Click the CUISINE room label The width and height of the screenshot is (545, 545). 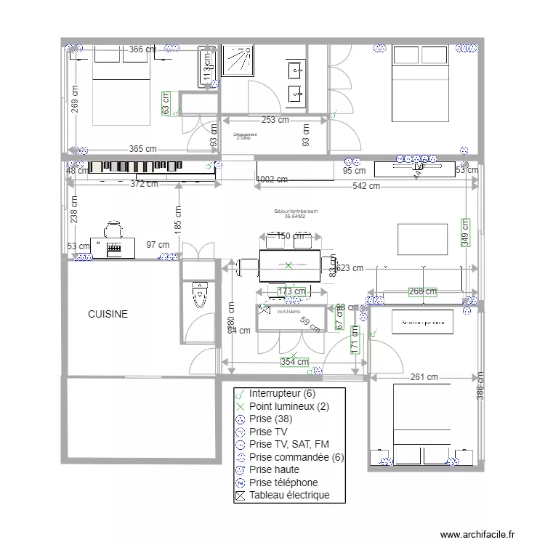[x=108, y=315]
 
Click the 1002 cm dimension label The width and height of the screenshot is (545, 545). [x=272, y=179]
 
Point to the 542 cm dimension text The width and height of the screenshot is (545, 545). [x=366, y=186]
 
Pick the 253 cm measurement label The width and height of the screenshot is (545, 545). [x=275, y=120]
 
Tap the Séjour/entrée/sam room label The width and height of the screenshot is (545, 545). [x=295, y=214]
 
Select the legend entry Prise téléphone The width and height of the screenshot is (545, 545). [x=283, y=482]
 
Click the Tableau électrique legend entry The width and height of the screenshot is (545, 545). [x=288, y=495]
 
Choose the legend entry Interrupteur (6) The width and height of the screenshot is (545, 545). [x=281, y=393]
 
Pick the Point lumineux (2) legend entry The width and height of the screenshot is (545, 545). [x=288, y=406]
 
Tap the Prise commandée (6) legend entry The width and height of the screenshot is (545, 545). [x=296, y=457]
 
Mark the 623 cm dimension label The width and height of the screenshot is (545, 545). [x=350, y=268]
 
